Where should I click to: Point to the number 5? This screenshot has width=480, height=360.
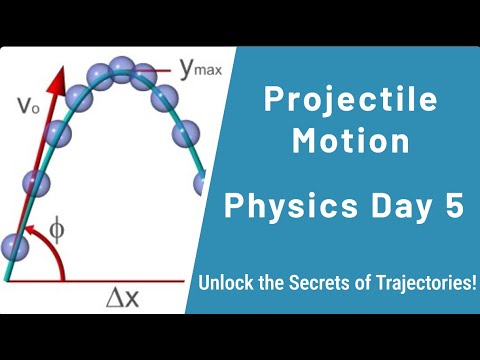[x=456, y=207]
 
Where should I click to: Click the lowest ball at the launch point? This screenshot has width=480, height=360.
[x=13, y=246]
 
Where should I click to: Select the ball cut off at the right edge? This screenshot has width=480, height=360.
[x=202, y=184]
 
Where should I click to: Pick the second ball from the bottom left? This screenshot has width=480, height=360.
[x=36, y=184]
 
